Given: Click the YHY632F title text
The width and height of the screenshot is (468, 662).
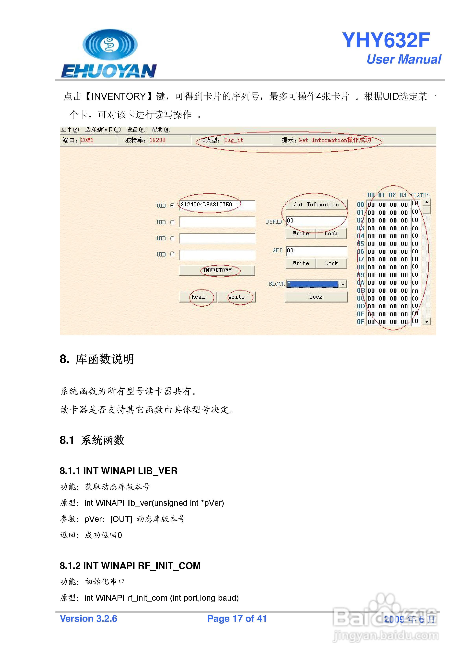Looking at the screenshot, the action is point(386,40).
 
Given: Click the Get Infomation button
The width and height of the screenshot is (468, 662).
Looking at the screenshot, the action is point(316,204).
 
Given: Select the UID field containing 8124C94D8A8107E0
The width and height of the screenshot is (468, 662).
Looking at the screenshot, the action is point(217,205).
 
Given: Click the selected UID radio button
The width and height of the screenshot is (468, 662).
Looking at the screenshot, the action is point(172,205).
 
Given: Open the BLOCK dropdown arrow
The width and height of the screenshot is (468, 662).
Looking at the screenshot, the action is point(343,284).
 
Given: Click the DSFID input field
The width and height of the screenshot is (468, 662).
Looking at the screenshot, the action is point(316,221).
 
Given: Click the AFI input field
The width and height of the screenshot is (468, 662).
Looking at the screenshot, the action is point(316,251).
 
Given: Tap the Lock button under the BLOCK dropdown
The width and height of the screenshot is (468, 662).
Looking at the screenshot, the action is point(316,297).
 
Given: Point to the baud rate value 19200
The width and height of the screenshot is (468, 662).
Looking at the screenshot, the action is point(157,140).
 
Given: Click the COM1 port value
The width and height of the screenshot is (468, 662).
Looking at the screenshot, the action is point(87,140).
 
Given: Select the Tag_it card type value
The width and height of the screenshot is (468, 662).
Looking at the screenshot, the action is point(234,140).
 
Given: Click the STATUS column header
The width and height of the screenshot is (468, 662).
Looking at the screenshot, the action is point(420,195).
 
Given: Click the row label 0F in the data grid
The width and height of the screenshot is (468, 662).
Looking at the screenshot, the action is point(360,322).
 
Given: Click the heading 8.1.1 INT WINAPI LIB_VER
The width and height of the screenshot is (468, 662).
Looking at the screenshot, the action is point(119,471).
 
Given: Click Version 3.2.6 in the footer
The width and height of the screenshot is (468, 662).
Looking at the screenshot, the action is point(88,619).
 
